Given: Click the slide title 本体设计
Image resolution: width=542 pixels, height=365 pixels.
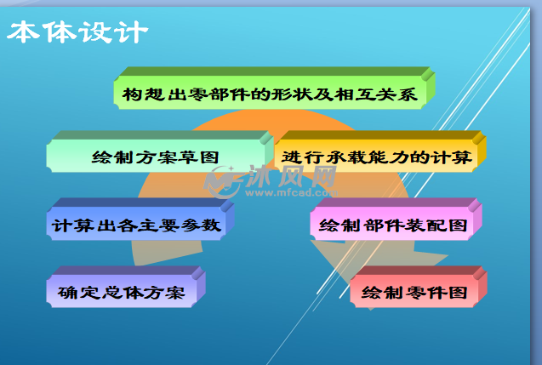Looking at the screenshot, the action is click(77, 32).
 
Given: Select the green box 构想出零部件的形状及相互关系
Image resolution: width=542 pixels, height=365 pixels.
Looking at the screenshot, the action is click(274, 88).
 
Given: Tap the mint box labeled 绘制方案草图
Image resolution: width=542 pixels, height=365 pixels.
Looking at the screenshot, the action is click(160, 151).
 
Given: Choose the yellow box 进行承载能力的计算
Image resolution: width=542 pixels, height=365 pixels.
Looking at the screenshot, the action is click(380, 151).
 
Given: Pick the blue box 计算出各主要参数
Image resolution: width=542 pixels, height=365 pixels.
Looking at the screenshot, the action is click(140, 220).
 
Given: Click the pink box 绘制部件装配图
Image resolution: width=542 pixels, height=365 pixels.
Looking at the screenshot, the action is click(397, 220).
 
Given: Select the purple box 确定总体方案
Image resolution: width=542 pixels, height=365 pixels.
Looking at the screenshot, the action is click(126, 287).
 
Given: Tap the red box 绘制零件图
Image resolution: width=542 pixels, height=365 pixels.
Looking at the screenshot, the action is click(419, 287).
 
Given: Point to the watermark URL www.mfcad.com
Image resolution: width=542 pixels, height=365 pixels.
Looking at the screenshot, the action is click(291, 192).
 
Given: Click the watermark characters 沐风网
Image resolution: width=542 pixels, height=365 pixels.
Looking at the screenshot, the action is click(291, 176).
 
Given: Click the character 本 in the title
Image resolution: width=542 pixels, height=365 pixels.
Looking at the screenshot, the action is click(23, 32).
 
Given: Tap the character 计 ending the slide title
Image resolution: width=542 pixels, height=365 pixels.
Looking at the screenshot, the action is click(133, 32).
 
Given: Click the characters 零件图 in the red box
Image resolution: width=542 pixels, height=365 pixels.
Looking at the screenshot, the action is click(436, 293).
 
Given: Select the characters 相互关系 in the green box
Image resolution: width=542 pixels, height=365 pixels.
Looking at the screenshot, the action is click(376, 94).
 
